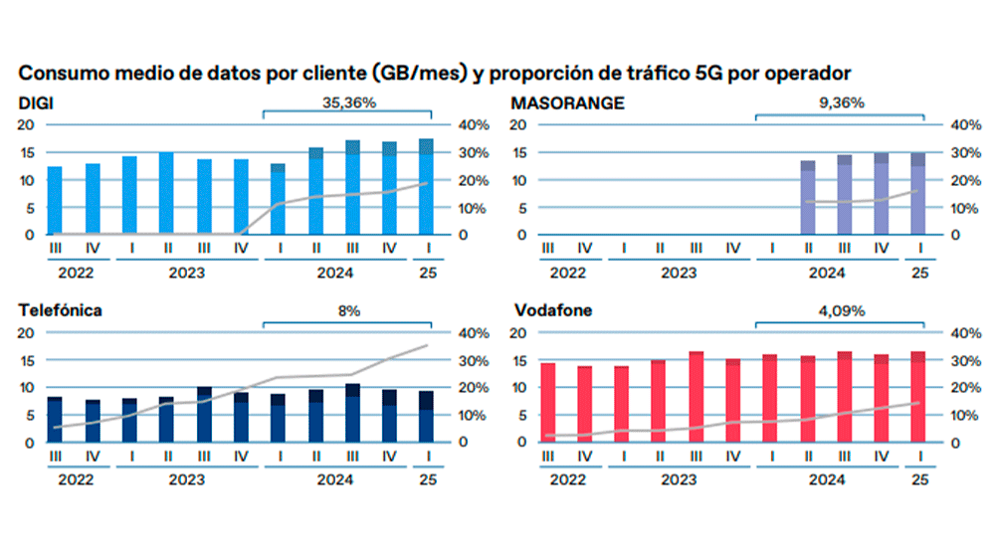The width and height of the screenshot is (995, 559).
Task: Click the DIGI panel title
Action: pos(36,102)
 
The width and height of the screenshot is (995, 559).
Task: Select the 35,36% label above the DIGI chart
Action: pos(347,102)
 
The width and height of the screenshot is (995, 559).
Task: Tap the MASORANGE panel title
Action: pos(567,102)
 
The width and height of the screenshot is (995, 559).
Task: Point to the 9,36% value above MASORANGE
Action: pos(840,102)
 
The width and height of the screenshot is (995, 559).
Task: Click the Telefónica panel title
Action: pos(60,310)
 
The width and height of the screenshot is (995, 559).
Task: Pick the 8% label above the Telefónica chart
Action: pos(347,310)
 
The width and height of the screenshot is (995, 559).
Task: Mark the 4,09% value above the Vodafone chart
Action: pos(840,310)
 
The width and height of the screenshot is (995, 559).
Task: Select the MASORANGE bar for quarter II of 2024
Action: pos(808,198)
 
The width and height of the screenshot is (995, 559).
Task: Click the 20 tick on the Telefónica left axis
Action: pos(27,332)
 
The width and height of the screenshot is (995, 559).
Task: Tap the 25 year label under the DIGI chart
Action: pos(426,272)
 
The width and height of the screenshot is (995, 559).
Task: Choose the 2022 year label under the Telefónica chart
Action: pos(74,479)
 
